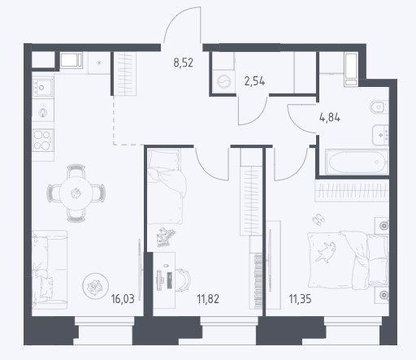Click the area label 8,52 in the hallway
(x=184, y=63)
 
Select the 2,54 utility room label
(x=254, y=81)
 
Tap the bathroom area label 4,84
(x=330, y=118)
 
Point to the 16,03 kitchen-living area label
(x=123, y=299)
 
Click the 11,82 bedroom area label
(x=208, y=299)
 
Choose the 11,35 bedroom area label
(x=300, y=299)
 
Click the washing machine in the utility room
(x=223, y=81)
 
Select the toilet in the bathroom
(x=379, y=107)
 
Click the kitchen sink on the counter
(x=42, y=88)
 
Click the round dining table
(x=76, y=193)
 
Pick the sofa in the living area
(x=50, y=270)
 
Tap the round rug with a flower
(x=95, y=286)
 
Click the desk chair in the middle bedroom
(x=184, y=280)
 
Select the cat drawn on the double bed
(x=326, y=251)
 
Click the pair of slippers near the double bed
(x=318, y=219)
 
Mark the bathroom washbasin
(x=381, y=135)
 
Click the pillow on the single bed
(x=163, y=159)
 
